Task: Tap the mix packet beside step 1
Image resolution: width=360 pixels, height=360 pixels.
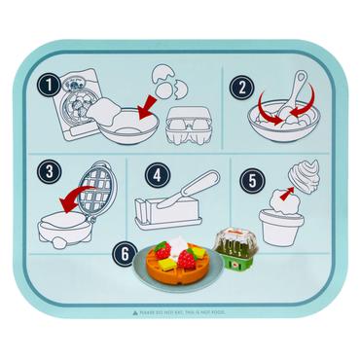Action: tap(74, 107)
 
